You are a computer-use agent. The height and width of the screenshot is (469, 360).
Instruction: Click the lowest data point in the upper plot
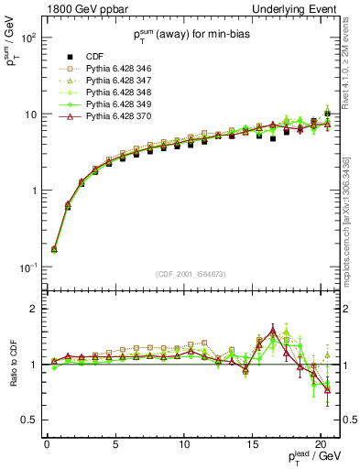coord(54,248)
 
